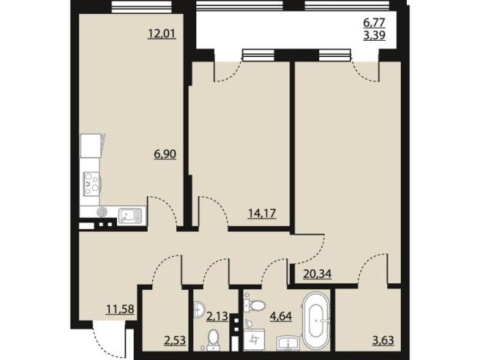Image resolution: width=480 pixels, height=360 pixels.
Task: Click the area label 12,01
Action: point(162,33)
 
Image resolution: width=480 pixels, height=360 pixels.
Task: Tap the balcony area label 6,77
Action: point(374,22)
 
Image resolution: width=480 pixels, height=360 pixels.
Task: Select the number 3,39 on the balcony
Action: point(374,35)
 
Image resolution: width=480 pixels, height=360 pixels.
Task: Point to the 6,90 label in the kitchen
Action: point(165,154)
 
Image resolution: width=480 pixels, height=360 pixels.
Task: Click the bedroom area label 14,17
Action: point(262,213)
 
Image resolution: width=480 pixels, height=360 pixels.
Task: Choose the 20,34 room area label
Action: point(318,273)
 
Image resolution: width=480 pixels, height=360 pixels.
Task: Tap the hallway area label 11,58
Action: point(120,309)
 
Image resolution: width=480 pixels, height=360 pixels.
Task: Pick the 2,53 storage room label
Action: point(175,340)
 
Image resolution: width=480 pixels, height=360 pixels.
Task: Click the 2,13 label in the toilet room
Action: point(217,315)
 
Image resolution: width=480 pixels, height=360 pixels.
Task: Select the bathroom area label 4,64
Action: point(281,315)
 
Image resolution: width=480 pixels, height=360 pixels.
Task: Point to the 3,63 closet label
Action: point(383,340)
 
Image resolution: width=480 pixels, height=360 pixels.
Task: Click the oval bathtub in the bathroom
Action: point(316,321)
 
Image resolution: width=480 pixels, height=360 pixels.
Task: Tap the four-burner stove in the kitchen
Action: point(92,184)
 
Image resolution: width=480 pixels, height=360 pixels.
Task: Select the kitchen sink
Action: point(130,215)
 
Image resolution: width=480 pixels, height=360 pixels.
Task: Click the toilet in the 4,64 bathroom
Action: point(255,305)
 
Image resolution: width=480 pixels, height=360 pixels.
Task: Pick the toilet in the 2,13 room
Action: point(212,340)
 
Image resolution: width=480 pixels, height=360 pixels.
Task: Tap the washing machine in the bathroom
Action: point(254,340)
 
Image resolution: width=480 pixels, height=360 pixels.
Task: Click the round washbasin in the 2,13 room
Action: point(199,309)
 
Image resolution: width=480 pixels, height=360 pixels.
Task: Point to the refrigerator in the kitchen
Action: point(91,145)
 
